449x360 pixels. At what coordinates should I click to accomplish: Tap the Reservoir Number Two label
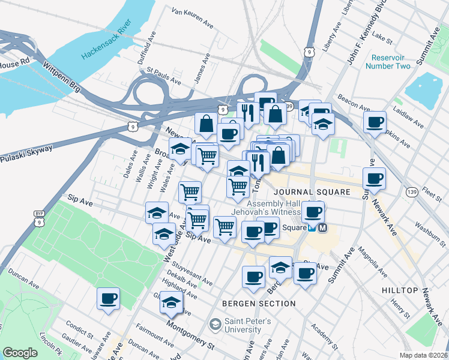(391, 62)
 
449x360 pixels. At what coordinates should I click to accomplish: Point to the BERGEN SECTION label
(259, 304)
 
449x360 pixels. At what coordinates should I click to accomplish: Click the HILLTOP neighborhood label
(400, 290)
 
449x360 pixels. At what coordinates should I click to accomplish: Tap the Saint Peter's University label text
(248, 326)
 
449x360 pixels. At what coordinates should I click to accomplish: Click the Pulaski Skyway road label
(26, 154)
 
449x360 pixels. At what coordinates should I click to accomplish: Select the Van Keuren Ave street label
(192, 19)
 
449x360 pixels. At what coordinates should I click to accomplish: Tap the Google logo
(20, 353)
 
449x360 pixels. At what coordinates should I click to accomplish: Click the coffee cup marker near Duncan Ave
(109, 298)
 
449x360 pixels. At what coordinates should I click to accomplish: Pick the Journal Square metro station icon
(323, 228)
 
